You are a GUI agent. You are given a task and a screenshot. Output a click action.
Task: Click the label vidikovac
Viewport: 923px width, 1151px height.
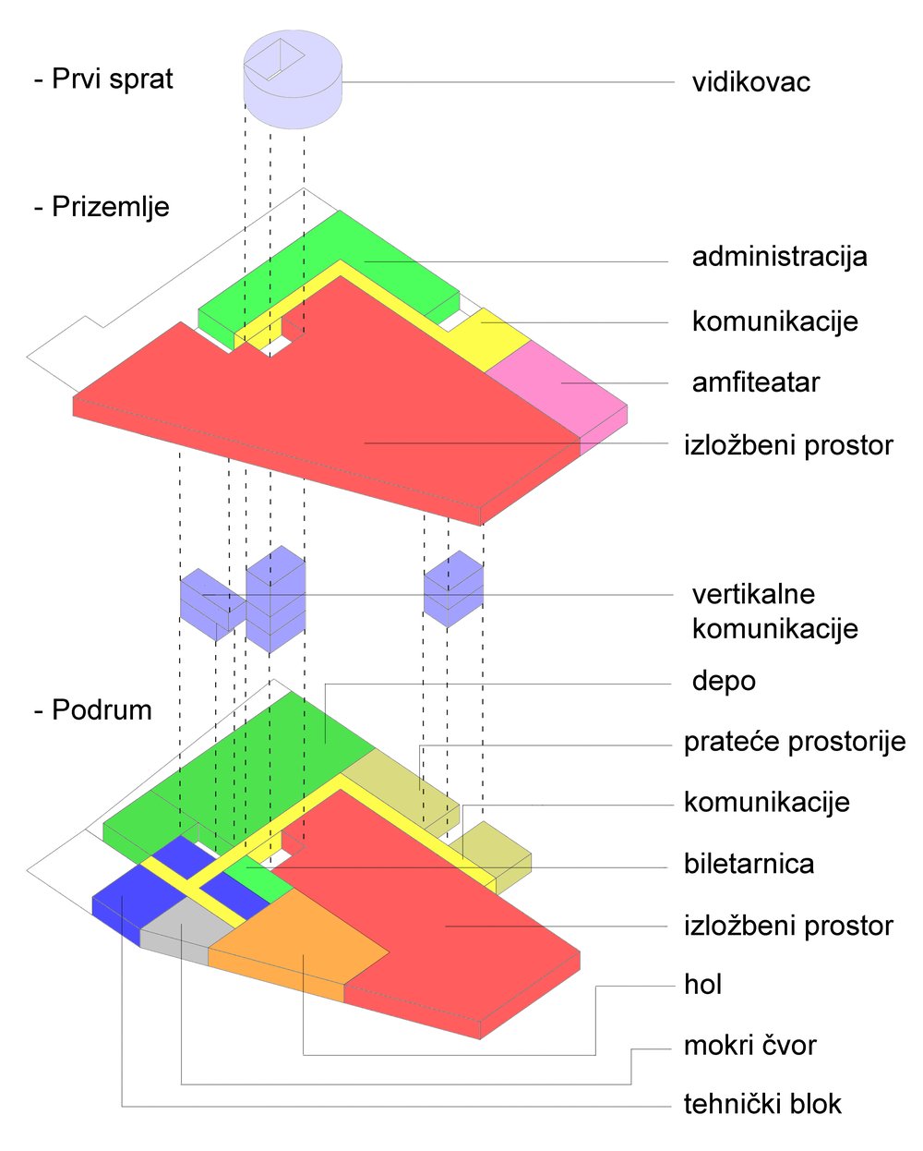[750, 82]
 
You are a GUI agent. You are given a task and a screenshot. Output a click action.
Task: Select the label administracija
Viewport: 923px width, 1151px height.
[779, 256]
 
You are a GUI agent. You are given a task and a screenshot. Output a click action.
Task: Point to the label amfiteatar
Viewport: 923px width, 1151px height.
[755, 382]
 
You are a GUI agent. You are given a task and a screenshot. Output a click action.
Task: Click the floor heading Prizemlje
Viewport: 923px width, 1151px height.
[102, 206]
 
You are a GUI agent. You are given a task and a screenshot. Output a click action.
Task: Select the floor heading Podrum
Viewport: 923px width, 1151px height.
[92, 710]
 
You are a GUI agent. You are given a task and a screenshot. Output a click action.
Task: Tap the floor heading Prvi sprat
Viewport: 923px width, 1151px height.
[103, 79]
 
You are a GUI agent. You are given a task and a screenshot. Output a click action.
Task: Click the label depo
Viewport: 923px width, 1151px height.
[724, 682]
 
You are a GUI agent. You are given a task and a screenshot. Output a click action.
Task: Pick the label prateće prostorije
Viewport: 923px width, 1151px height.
[794, 742]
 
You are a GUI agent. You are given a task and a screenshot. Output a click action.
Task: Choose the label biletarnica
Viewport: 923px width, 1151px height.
[749, 865]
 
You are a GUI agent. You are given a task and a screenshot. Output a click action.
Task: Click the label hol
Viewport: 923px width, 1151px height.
[702, 985]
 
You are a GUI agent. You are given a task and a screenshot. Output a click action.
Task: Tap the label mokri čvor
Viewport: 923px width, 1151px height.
[749, 1046]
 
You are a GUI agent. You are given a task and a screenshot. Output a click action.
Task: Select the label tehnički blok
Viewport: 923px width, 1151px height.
[762, 1104]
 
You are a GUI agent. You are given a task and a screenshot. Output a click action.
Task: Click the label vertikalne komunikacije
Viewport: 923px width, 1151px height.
[774, 612]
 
